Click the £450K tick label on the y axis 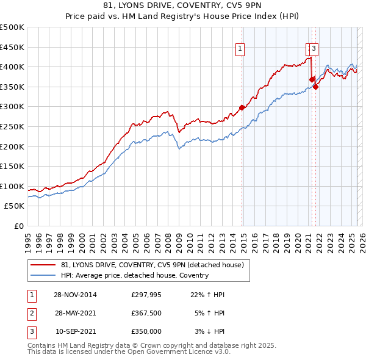[12, 47]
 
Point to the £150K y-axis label [12, 166]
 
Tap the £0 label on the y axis [18, 226]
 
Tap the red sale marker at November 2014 [242, 107]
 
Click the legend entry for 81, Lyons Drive [152, 265]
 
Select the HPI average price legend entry [135, 275]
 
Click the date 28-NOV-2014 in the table [75, 295]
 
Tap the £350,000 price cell [146, 331]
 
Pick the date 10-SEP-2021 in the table [75, 331]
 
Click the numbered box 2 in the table [30, 313]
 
